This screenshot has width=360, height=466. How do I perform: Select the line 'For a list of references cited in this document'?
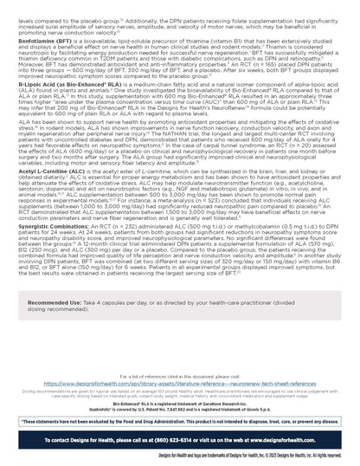[179, 376]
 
